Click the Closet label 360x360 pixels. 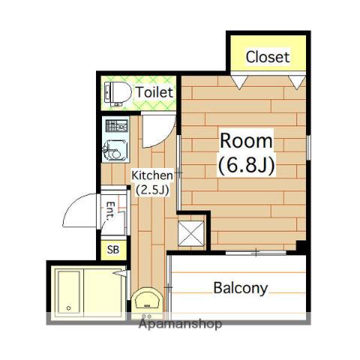(268, 57)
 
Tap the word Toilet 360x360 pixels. (154, 92)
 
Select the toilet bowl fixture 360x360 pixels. (118, 94)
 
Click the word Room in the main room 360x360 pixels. (246, 141)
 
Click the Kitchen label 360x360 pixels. (152, 175)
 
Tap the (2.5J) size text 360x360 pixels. (152, 190)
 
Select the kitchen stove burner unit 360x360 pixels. (116, 126)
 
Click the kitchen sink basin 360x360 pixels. (115, 150)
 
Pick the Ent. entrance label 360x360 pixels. (110, 211)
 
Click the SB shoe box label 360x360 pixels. (113, 250)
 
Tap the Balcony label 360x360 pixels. (240, 288)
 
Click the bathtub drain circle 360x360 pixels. (69, 308)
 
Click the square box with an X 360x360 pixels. (190, 234)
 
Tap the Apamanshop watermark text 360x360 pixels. (180, 324)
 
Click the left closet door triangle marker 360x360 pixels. (239, 82)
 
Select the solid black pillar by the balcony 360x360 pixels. (301, 247)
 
